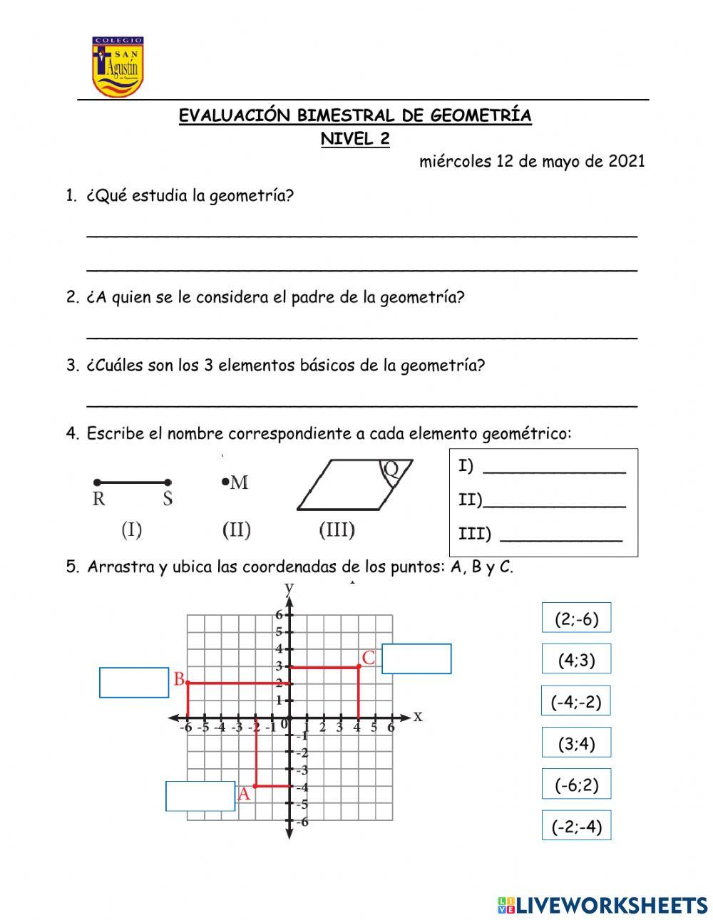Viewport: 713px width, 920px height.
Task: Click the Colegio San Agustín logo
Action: pyautogui.click(x=118, y=67)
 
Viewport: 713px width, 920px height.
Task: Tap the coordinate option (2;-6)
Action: pyautogui.click(x=576, y=618)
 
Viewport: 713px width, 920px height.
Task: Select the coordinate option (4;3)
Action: pyautogui.click(x=576, y=660)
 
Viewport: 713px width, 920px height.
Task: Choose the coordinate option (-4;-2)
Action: pyautogui.click(x=576, y=702)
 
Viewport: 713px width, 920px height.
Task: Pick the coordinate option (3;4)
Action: pyautogui.click(x=576, y=743)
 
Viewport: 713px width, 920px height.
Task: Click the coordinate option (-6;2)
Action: pyautogui.click(x=576, y=785)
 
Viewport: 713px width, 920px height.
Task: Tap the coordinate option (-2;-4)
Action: pyautogui.click(x=576, y=827)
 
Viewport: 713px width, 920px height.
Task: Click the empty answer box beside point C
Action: pyautogui.click(x=416, y=659)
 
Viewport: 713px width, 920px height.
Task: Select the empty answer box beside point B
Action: pyautogui.click(x=134, y=682)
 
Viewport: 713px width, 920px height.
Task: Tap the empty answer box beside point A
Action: pyautogui.click(x=200, y=796)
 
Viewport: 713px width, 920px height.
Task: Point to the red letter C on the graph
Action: pyautogui.click(x=368, y=658)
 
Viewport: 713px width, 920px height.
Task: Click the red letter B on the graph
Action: pyautogui.click(x=179, y=679)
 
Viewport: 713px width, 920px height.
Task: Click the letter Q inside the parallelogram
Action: pyautogui.click(x=391, y=469)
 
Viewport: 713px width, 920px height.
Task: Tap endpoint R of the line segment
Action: pyautogui.click(x=98, y=482)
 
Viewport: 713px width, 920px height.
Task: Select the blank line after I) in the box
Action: pyautogui.click(x=554, y=470)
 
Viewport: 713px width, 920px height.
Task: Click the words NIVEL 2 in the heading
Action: pyautogui.click(x=355, y=138)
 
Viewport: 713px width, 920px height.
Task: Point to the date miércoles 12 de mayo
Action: pyautogui.click(x=531, y=161)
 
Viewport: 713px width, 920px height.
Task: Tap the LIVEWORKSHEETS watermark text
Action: pyautogui.click(x=611, y=905)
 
